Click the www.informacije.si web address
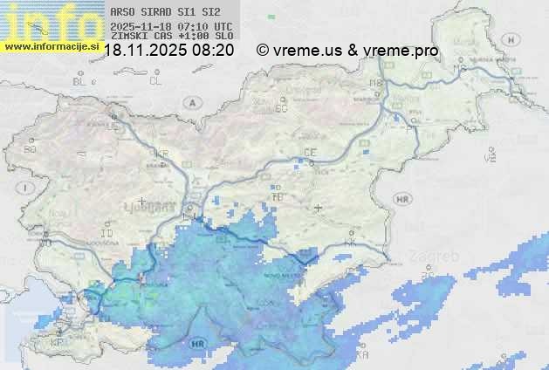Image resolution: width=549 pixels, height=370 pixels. point(51,45)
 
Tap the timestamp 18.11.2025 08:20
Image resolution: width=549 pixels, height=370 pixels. point(168,51)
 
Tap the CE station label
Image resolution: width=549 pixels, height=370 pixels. point(309,153)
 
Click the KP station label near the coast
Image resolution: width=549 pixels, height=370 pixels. point(58,343)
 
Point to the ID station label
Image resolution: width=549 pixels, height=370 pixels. point(107,234)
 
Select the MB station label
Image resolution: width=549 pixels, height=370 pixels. point(376,84)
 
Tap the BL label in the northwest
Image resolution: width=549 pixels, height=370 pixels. point(80,81)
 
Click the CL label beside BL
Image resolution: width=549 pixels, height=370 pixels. point(155,81)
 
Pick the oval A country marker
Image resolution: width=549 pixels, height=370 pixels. point(190,102)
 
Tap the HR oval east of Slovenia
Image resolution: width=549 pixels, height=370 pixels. point(402,200)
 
